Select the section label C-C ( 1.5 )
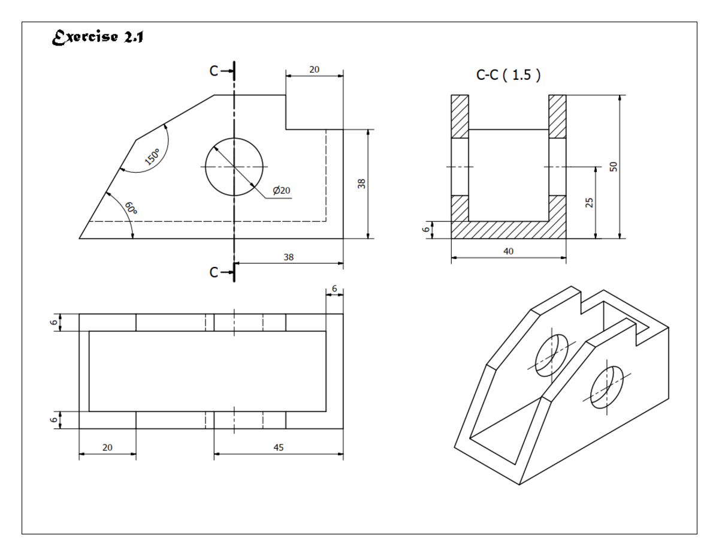[507, 76]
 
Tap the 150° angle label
[151, 157]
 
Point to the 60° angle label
[131, 208]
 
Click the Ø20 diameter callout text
[281, 190]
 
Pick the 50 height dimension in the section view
[613, 166]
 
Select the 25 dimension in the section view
[589, 203]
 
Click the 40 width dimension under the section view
[508, 251]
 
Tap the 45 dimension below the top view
[279, 447]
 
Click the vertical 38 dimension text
[361, 184]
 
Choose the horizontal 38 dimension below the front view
[289, 256]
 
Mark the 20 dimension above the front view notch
[314, 70]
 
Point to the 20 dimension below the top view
[107, 447]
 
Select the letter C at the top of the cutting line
[214, 71]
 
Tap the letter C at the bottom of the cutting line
[214, 272]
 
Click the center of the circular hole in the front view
[234, 167]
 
